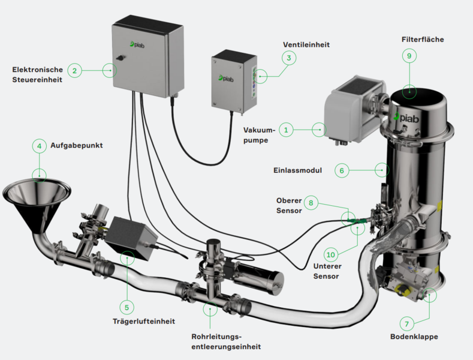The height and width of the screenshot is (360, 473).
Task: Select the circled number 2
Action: (74, 70)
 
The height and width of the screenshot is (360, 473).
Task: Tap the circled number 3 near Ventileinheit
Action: (288, 58)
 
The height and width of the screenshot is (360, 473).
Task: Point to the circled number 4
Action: (39, 146)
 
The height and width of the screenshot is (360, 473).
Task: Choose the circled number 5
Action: (127, 307)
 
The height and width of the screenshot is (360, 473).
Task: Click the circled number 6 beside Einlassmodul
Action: (341, 170)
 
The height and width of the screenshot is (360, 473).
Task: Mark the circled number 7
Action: (406, 324)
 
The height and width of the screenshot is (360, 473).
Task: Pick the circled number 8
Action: (311, 203)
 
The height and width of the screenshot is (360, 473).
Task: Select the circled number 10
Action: (332, 254)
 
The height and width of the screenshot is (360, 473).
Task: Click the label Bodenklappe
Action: (419, 337)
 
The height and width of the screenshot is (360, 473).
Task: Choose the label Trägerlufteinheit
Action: (144, 321)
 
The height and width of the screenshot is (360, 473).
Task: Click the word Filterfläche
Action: (423, 39)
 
